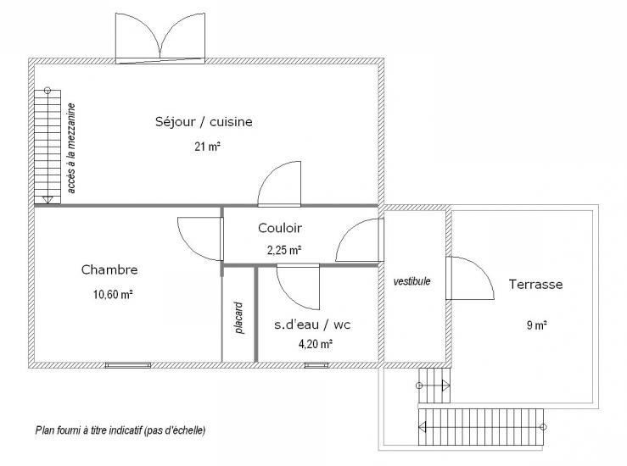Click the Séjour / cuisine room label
pos(204,122)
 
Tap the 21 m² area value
pos(208,147)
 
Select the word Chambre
pos(109,270)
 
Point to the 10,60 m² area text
pos(113,295)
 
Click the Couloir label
pos(280,228)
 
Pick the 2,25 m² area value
pos(284,251)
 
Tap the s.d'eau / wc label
pos(312,325)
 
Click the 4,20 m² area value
pos(316,344)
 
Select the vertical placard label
pos(238,318)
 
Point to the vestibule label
pos(411,281)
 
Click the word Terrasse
pos(536,285)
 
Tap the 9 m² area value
pos(536,325)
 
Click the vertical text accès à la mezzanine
pos(71,148)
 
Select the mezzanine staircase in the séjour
pos(48,146)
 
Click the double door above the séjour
pos(160,39)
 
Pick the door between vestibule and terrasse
pos(470,278)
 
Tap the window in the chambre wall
pos(128,365)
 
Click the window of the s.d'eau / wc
pos(316,365)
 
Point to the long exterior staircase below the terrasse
pos(481,427)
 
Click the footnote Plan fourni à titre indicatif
pos(120,430)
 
